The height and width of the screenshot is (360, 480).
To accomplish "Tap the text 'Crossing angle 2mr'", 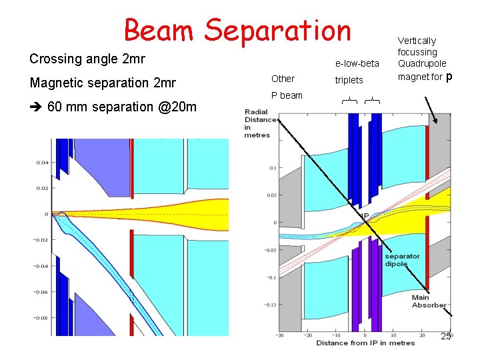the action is [87, 59].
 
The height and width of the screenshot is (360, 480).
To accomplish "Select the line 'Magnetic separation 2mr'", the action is [103, 83].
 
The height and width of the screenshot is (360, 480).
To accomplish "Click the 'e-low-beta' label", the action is [357, 63].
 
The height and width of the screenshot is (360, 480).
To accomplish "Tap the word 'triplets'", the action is [349, 80].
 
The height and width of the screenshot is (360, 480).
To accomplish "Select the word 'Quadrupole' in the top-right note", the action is [422, 63].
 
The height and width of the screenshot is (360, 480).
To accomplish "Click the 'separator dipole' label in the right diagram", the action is [402, 260].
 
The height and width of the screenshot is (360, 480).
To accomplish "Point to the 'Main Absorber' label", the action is [429, 301].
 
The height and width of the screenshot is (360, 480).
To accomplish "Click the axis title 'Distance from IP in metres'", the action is [365, 343].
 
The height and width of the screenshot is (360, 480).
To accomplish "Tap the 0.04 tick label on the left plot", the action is [42, 163].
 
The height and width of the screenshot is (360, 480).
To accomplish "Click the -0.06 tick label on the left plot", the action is [41, 292].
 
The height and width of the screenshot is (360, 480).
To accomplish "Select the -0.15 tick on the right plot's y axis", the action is [269, 305].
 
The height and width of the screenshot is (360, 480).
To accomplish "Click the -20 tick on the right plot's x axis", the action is [307, 335].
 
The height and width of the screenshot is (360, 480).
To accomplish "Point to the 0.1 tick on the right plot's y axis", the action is [272, 168].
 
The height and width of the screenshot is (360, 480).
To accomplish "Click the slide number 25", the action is [446, 337].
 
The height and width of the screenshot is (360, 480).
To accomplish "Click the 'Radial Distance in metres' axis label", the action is [257, 123].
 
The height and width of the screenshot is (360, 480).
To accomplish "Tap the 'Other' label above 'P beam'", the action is [283, 79].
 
